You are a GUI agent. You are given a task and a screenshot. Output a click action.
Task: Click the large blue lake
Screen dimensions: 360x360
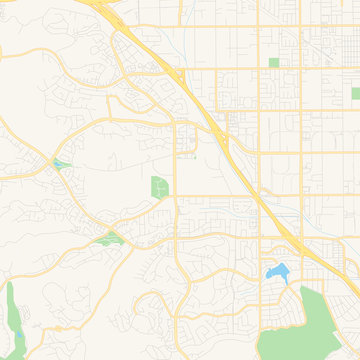277,271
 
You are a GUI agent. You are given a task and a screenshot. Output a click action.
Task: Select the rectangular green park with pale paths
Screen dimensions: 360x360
159,187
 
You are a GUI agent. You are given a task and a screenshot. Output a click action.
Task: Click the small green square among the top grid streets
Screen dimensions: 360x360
274,63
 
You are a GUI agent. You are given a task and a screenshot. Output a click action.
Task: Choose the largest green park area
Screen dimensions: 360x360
325,320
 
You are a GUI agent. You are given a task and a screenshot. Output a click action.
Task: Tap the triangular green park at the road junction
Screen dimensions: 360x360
106,238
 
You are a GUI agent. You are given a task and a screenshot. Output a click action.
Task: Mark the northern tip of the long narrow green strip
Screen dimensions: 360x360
11,285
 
